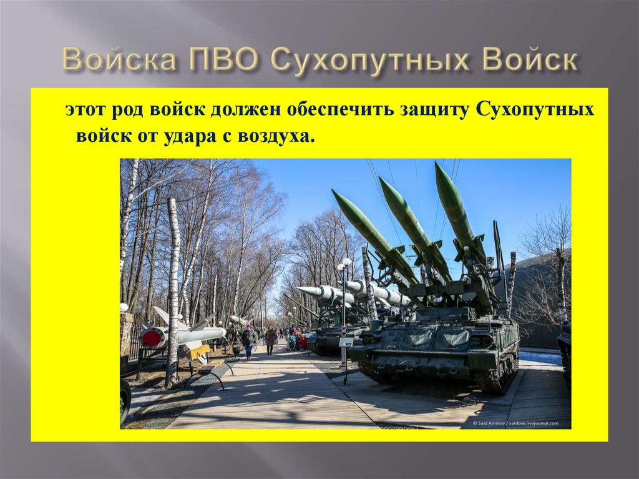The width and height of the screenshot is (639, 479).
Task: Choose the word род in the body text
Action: [x=129, y=110]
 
